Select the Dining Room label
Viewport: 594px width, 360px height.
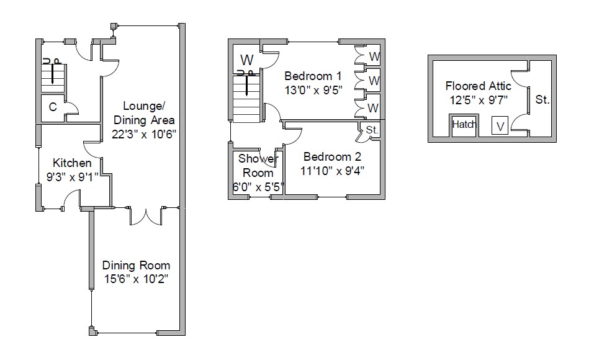(136, 266)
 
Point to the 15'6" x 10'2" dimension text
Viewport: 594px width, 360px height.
(136, 279)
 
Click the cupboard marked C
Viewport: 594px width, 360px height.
(53, 107)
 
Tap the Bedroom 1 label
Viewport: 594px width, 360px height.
(308, 76)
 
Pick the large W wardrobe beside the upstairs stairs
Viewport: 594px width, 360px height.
(247, 60)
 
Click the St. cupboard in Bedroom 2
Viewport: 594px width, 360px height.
(372, 130)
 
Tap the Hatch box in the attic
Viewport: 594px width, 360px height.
(464, 125)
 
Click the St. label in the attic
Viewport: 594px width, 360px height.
(542, 99)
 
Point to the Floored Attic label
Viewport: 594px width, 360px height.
(479, 86)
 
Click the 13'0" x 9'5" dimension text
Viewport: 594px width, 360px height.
(308, 90)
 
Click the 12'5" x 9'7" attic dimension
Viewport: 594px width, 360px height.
(479, 99)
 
